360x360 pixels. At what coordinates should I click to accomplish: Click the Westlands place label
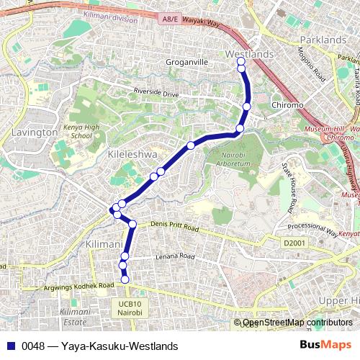click(250, 54)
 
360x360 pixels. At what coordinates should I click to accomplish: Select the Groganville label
click(186, 63)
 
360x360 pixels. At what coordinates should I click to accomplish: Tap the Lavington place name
click(35, 132)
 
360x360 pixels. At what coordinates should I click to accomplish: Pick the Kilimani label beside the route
click(103, 246)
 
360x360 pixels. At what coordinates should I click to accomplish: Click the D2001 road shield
click(294, 243)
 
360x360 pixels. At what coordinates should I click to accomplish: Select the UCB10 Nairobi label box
click(130, 308)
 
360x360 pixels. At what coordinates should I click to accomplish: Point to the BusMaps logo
click(323, 345)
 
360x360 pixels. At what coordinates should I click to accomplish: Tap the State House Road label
click(289, 187)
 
